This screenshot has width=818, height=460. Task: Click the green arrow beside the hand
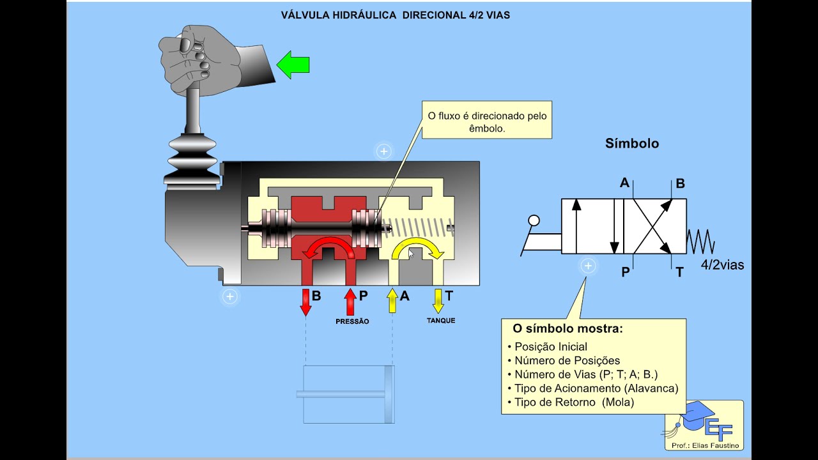[293, 65]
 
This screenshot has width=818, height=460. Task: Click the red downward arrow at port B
[305, 302]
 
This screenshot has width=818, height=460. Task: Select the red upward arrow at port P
[350, 302]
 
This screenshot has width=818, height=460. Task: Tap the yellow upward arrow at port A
[392, 301]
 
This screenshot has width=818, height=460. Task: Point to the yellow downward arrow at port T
[438, 301]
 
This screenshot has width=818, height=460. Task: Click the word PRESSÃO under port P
[352, 321]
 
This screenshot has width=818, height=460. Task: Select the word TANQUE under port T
[441, 320]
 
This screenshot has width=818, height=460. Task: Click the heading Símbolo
[632, 144]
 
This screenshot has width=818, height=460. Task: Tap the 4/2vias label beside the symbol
[722, 264]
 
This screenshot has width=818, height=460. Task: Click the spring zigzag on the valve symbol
[700, 242]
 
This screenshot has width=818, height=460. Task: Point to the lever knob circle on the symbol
[534, 221]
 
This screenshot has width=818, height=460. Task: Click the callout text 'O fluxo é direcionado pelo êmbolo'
[487, 122]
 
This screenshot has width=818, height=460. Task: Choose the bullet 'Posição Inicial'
[550, 347]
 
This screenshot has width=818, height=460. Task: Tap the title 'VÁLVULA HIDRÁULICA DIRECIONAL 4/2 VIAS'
[396, 15]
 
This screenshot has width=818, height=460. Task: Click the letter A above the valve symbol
[624, 183]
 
